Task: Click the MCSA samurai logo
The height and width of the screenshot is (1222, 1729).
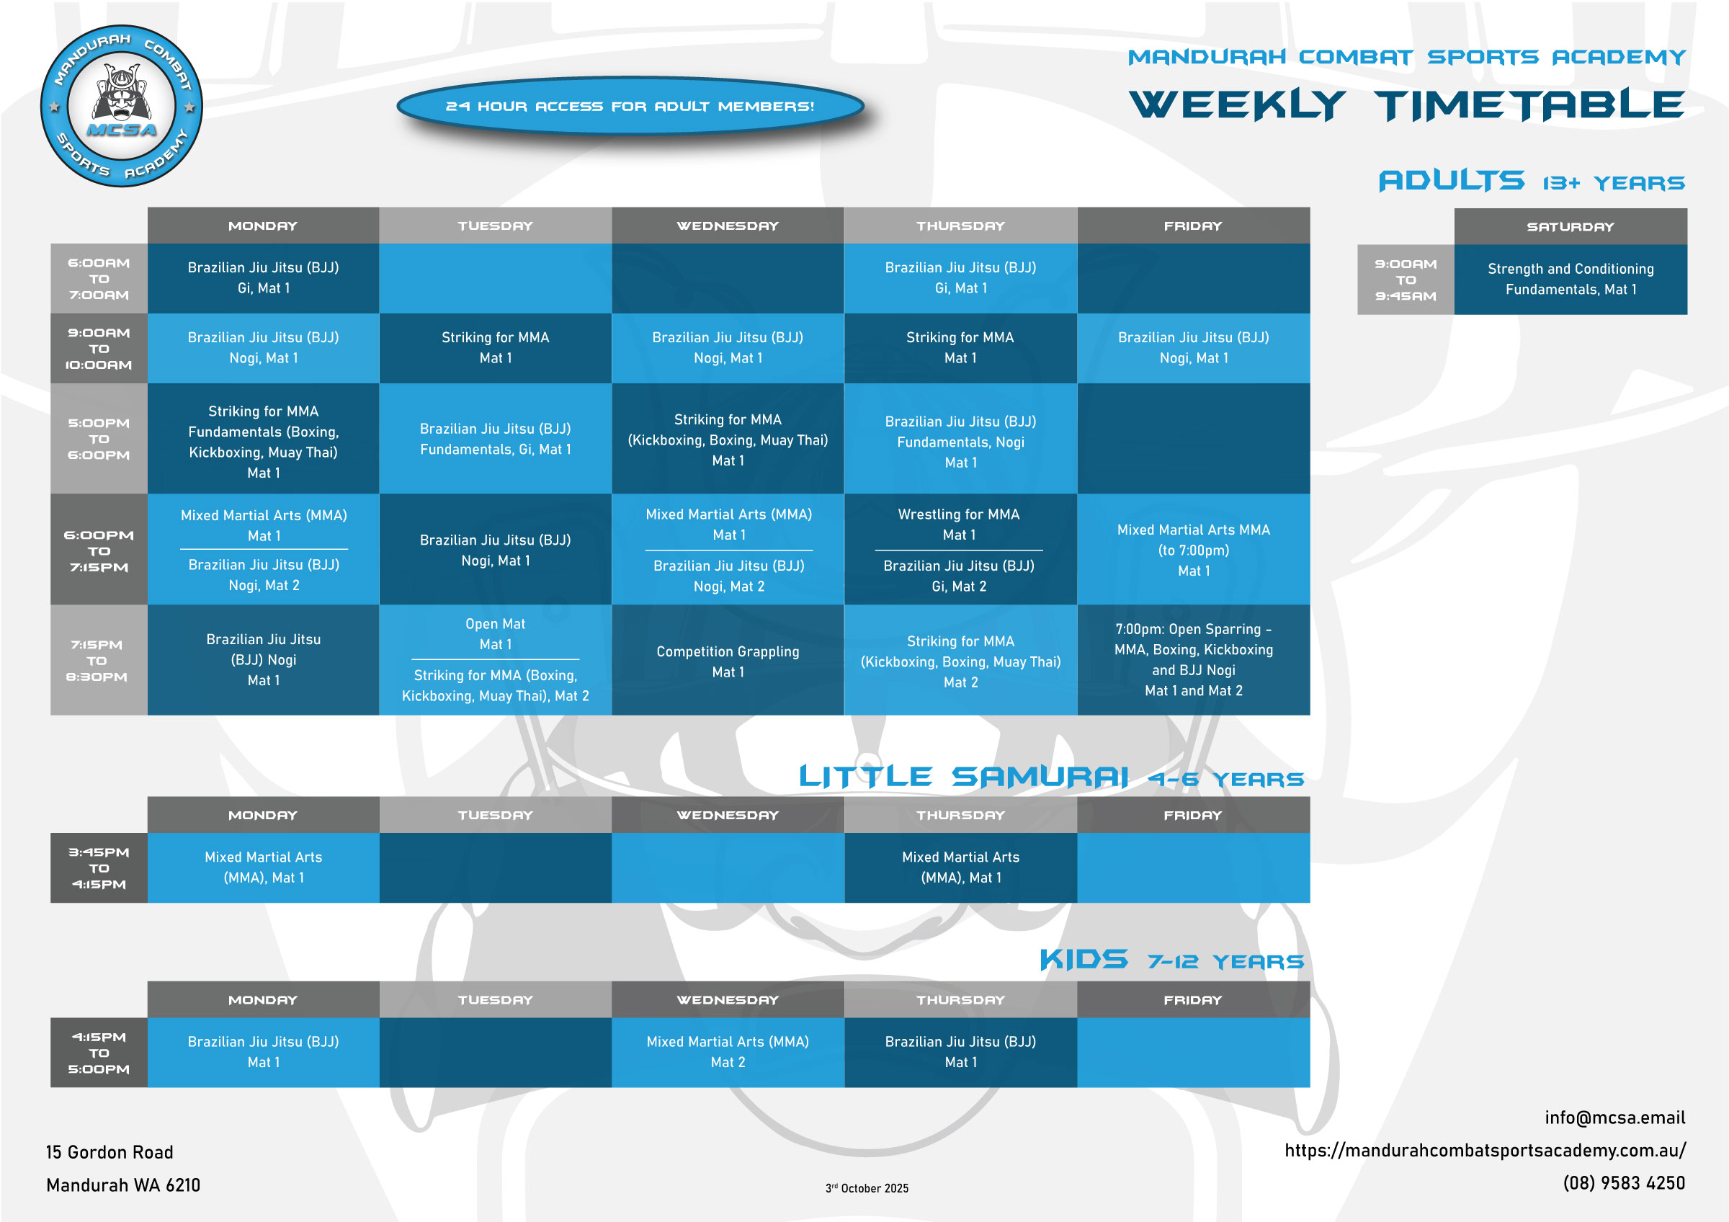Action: point(121,106)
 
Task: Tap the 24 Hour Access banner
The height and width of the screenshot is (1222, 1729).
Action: point(630,106)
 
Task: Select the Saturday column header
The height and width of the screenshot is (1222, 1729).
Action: point(1570,227)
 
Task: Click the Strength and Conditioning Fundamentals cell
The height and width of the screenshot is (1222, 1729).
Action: point(1570,280)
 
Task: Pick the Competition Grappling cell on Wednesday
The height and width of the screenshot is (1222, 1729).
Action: point(728,661)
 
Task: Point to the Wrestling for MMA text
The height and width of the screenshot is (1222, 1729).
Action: point(959,514)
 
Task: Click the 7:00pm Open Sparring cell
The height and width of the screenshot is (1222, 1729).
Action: point(1194,660)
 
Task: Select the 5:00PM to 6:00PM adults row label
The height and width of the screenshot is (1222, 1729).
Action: point(99,439)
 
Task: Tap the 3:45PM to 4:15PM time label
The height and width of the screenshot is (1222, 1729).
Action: point(99,868)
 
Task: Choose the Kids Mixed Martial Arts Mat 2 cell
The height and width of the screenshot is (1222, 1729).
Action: point(728,1052)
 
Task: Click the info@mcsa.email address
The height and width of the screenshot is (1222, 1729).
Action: point(1614,1118)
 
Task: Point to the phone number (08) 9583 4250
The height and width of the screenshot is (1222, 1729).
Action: point(1624,1183)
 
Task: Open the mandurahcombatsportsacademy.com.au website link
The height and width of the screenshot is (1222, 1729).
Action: point(1485,1151)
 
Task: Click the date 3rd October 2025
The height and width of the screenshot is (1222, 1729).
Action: point(867,1188)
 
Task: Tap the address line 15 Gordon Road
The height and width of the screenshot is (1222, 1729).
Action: point(110,1152)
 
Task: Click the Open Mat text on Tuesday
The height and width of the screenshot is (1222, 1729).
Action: point(495,624)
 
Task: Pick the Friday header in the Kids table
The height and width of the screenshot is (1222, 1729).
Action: point(1194,1000)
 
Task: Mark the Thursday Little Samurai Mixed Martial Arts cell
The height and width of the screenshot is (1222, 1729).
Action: point(961,868)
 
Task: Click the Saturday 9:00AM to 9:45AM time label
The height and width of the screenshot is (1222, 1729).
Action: point(1406,280)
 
